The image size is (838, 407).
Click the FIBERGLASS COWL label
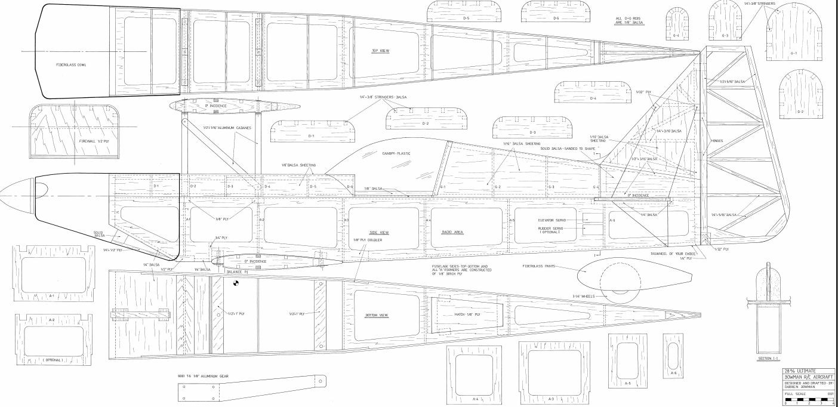(71, 64)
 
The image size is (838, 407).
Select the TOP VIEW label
(380, 51)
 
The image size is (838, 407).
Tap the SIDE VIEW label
(380, 232)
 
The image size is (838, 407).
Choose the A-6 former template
(673, 355)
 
